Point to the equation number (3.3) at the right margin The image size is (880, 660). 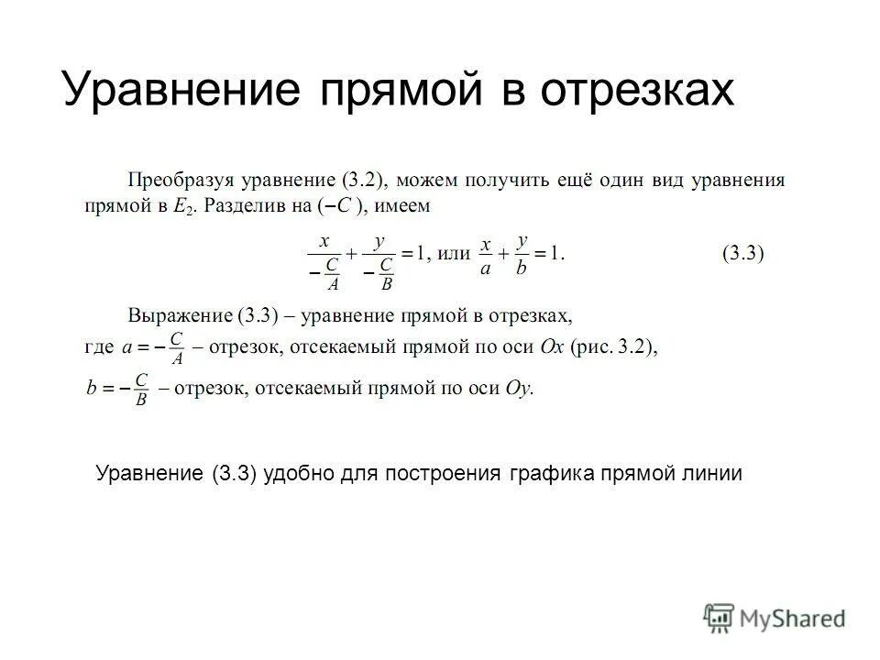click(743, 254)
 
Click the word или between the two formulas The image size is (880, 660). click(450, 254)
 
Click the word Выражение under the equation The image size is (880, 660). click(179, 316)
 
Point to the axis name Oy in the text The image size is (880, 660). click(519, 388)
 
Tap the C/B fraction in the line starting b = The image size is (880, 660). click(141, 389)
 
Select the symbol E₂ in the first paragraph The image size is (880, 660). click(181, 207)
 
